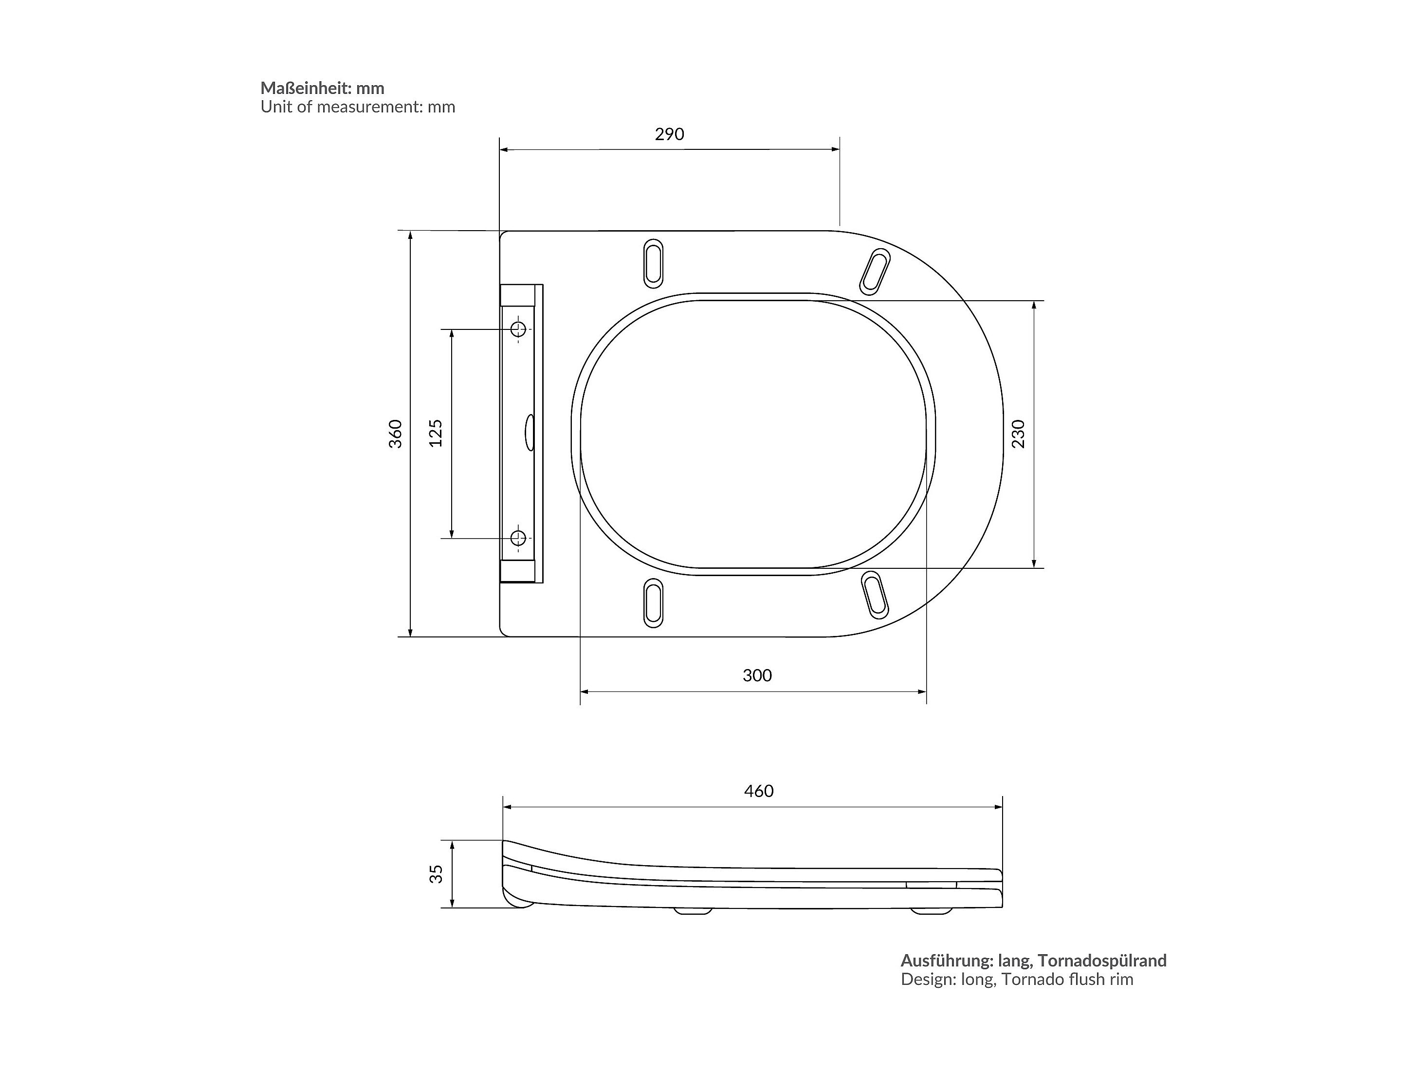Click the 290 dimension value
pyautogui.click(x=669, y=134)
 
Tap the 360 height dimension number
pyautogui.click(x=396, y=434)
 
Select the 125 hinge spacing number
pyautogui.click(x=436, y=434)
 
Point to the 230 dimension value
pyautogui.click(x=1018, y=434)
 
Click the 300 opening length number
pyautogui.click(x=757, y=675)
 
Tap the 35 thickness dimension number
pyautogui.click(x=437, y=874)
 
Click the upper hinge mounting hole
pyautogui.click(x=518, y=329)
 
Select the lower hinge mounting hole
pyautogui.click(x=518, y=537)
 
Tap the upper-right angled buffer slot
pyautogui.click(x=875, y=272)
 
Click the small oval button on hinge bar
pyautogui.click(x=529, y=432)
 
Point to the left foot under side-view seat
pyautogui.click(x=693, y=911)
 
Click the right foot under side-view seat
pyautogui.click(x=931, y=911)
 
